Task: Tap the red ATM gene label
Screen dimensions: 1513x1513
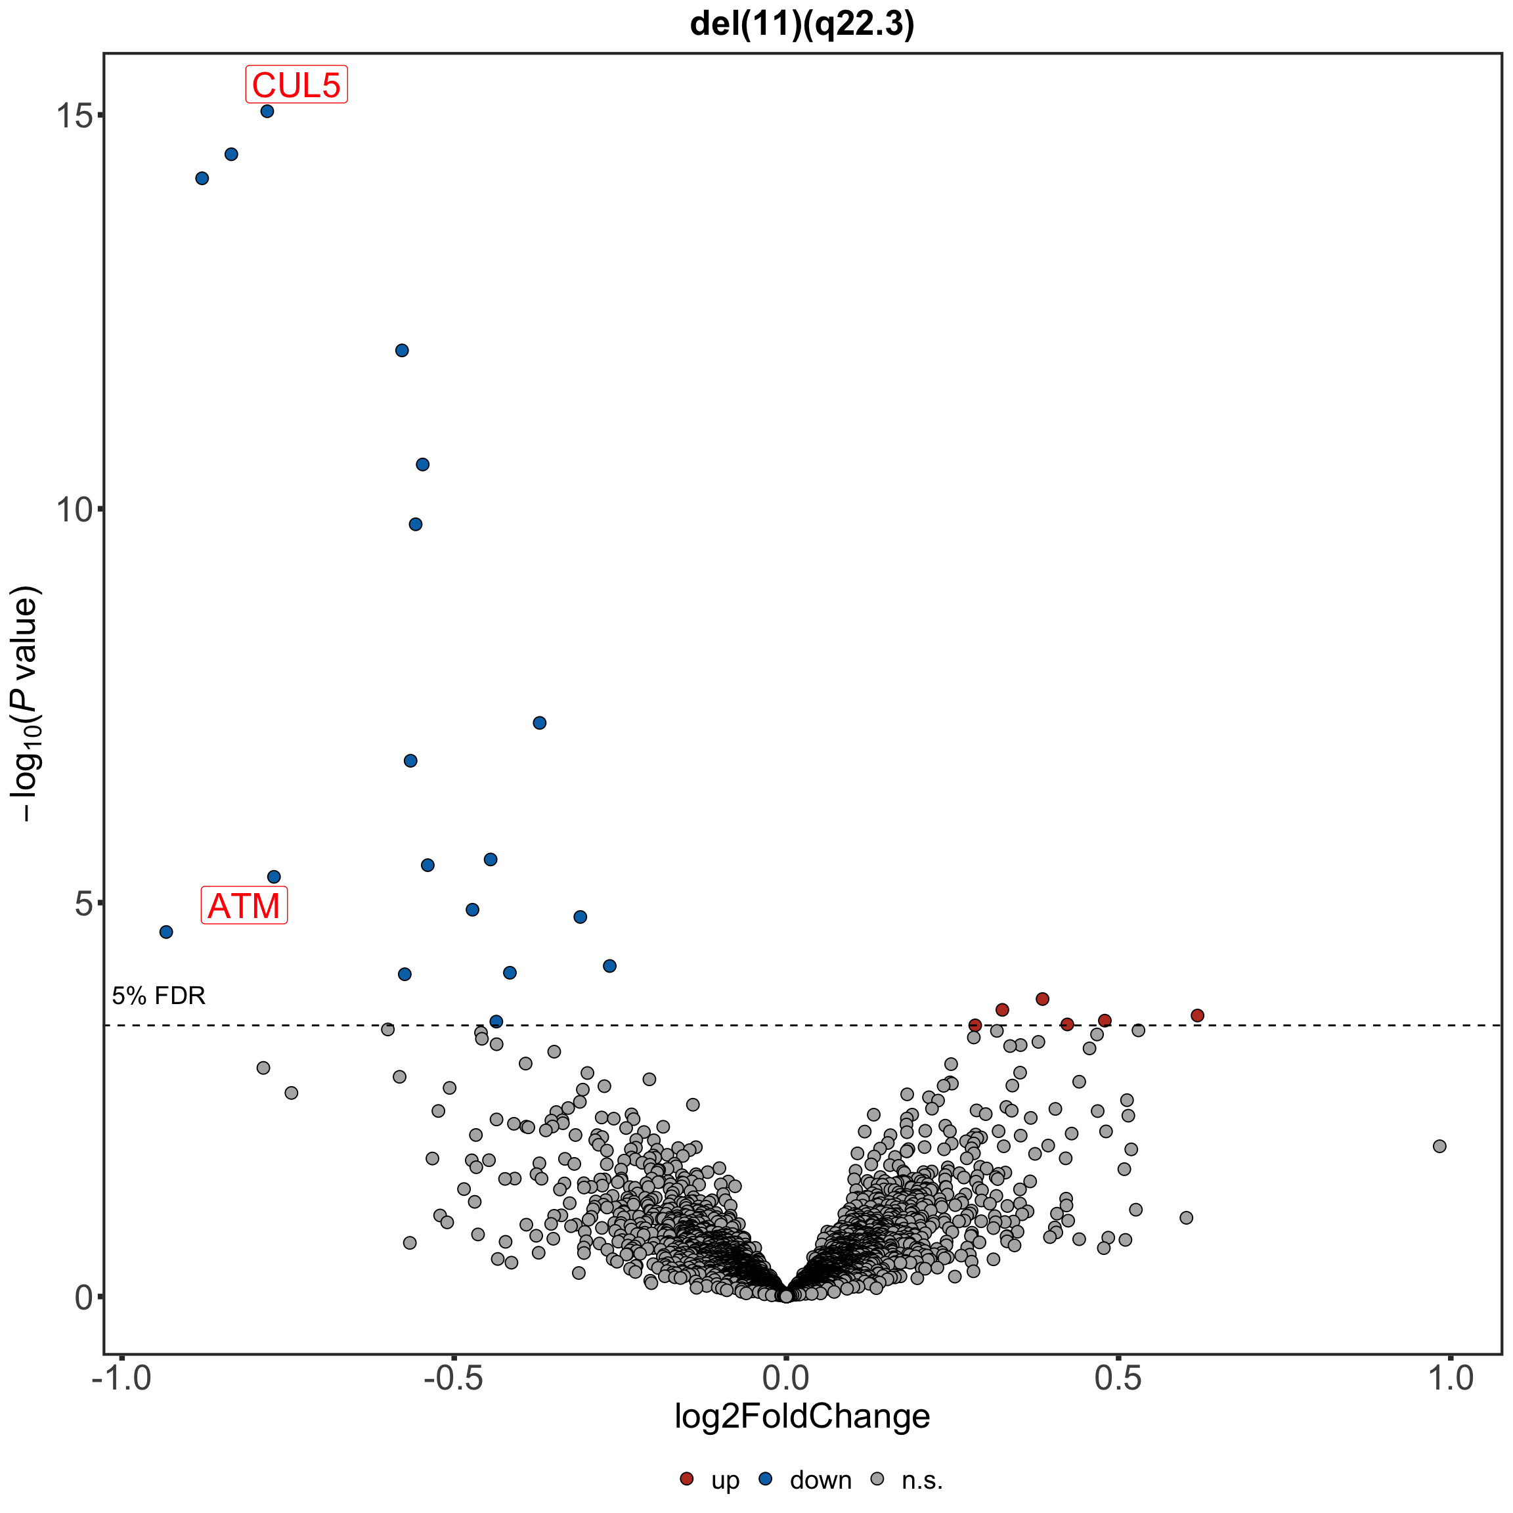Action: [x=244, y=906]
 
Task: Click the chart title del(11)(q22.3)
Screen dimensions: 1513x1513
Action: [x=802, y=25]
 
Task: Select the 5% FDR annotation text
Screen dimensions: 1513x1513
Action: [x=159, y=996]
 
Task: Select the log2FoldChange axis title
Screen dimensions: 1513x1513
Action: [x=802, y=1416]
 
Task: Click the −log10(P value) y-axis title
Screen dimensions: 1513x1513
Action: [x=27, y=704]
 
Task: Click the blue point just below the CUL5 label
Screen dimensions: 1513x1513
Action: [x=267, y=111]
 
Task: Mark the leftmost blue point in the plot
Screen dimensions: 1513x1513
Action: [x=166, y=932]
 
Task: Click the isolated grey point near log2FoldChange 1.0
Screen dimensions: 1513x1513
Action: [x=1439, y=1147]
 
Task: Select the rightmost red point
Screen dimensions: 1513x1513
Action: [x=1197, y=1016]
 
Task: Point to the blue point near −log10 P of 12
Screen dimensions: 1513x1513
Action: [x=402, y=350]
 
